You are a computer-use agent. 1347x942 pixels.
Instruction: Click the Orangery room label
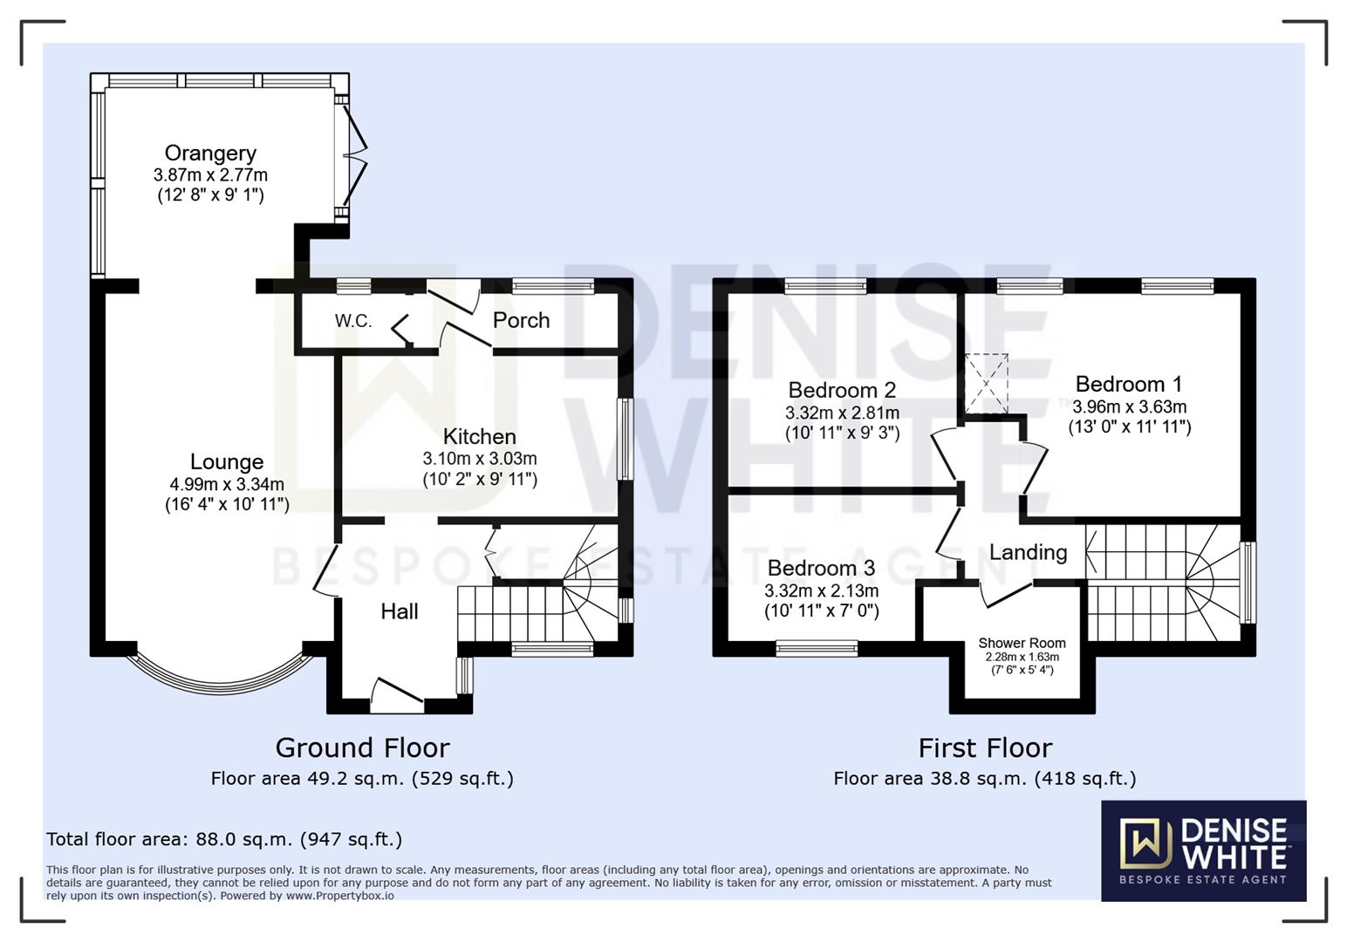click(210, 154)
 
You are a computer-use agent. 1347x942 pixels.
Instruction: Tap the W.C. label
click(353, 321)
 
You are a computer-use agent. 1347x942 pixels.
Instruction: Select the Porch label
click(521, 320)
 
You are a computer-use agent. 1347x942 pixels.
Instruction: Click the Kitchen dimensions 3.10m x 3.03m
click(480, 459)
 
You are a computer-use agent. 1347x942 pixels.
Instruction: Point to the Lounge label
click(227, 461)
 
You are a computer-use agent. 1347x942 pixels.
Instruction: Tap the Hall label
click(399, 611)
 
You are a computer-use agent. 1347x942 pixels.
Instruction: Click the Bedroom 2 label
click(842, 390)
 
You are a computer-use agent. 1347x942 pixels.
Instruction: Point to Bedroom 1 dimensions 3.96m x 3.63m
click(1129, 406)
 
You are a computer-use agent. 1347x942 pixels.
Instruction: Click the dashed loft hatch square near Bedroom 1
click(986, 383)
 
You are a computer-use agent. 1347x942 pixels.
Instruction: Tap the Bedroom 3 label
click(821, 569)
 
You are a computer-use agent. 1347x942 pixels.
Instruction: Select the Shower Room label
click(1022, 643)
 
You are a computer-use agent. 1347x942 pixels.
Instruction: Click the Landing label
click(1028, 552)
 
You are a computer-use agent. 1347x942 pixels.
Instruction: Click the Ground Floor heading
click(362, 747)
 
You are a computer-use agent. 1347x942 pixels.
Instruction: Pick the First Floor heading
click(985, 747)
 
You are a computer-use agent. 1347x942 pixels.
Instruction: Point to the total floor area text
click(224, 839)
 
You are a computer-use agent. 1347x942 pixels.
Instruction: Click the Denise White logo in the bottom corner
click(1203, 850)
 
